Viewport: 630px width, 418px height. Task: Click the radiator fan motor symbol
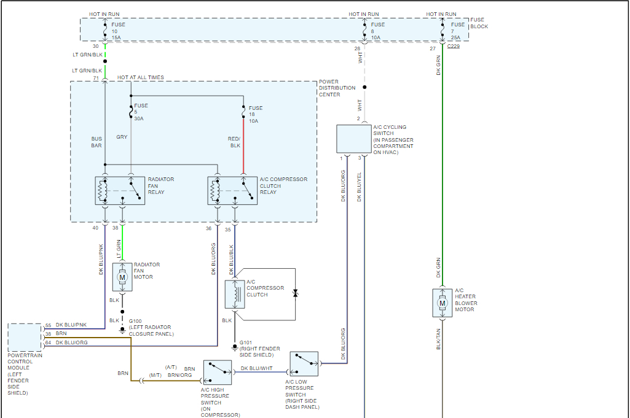[x=122, y=277]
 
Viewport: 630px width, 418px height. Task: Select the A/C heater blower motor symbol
[x=443, y=303]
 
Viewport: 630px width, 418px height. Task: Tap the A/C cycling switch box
[x=354, y=139]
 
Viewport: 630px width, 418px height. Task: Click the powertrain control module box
[x=25, y=337]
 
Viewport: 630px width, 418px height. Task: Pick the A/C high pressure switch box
[x=217, y=372]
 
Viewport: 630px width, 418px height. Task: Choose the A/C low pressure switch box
[x=304, y=364]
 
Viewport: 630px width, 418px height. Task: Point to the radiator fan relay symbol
[x=120, y=191]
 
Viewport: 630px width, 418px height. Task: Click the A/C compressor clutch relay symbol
[x=232, y=191]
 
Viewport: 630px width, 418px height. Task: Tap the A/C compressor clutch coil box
[x=235, y=295]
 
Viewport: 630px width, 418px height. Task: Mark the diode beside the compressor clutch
[x=295, y=293]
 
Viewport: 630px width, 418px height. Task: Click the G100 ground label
[x=135, y=321]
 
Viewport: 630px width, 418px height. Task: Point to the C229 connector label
[x=454, y=46]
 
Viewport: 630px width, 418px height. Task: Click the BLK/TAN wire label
[x=438, y=339]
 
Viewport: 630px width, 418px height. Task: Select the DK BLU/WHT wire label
[x=256, y=368]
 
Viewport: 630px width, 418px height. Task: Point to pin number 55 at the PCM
[x=48, y=325]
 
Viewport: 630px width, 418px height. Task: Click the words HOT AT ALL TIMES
[x=141, y=77]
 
